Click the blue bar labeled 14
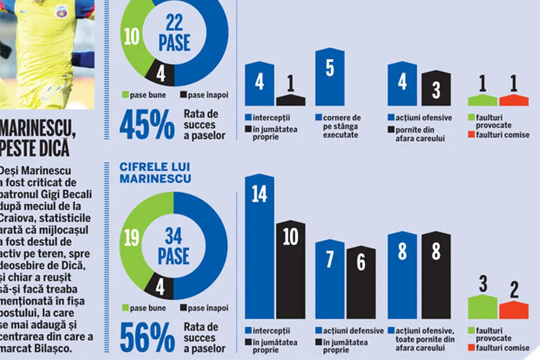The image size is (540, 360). pyautogui.click(x=259, y=247)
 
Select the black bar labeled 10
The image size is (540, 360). pyautogui.click(x=291, y=270)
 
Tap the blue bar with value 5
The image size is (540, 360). pyautogui.click(x=330, y=77)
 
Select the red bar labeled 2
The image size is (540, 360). pyautogui.click(x=514, y=310)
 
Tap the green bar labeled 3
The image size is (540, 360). pyautogui.click(x=483, y=308)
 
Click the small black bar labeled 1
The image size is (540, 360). pyautogui.click(x=291, y=100)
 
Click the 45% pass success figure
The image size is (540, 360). pyautogui.click(x=147, y=125)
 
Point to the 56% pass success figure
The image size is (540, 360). pyautogui.click(x=147, y=337)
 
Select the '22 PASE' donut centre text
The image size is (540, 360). pyautogui.click(x=174, y=32)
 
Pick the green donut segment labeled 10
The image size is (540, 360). pyautogui.click(x=132, y=39)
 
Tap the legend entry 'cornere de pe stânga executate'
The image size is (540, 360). pyautogui.click(x=341, y=127)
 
